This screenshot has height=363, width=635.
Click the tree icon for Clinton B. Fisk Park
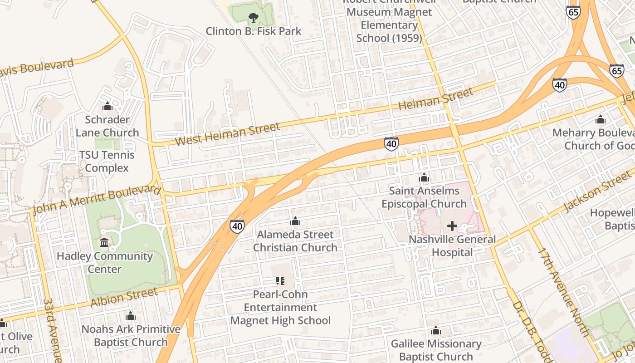[253, 18]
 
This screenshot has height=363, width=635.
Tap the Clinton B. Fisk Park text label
[254, 31]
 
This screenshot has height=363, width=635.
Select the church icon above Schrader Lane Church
[107, 106]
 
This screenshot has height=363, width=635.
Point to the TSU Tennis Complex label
[107, 162]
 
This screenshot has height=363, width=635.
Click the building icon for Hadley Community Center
[104, 243]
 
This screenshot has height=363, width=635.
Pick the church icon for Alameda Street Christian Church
[295, 221]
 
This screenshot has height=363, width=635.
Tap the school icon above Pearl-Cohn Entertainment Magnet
[280, 281]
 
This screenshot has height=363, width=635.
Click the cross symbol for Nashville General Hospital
[452, 226]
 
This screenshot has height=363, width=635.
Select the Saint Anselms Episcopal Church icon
[424, 177]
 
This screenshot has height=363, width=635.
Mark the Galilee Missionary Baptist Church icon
[436, 330]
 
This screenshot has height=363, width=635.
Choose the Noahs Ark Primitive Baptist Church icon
[131, 316]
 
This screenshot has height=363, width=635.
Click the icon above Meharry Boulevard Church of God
[601, 120]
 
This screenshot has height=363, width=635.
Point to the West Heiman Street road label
[227, 134]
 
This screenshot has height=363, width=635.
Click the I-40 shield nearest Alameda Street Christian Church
[237, 226]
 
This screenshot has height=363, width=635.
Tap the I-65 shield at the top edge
[573, 12]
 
